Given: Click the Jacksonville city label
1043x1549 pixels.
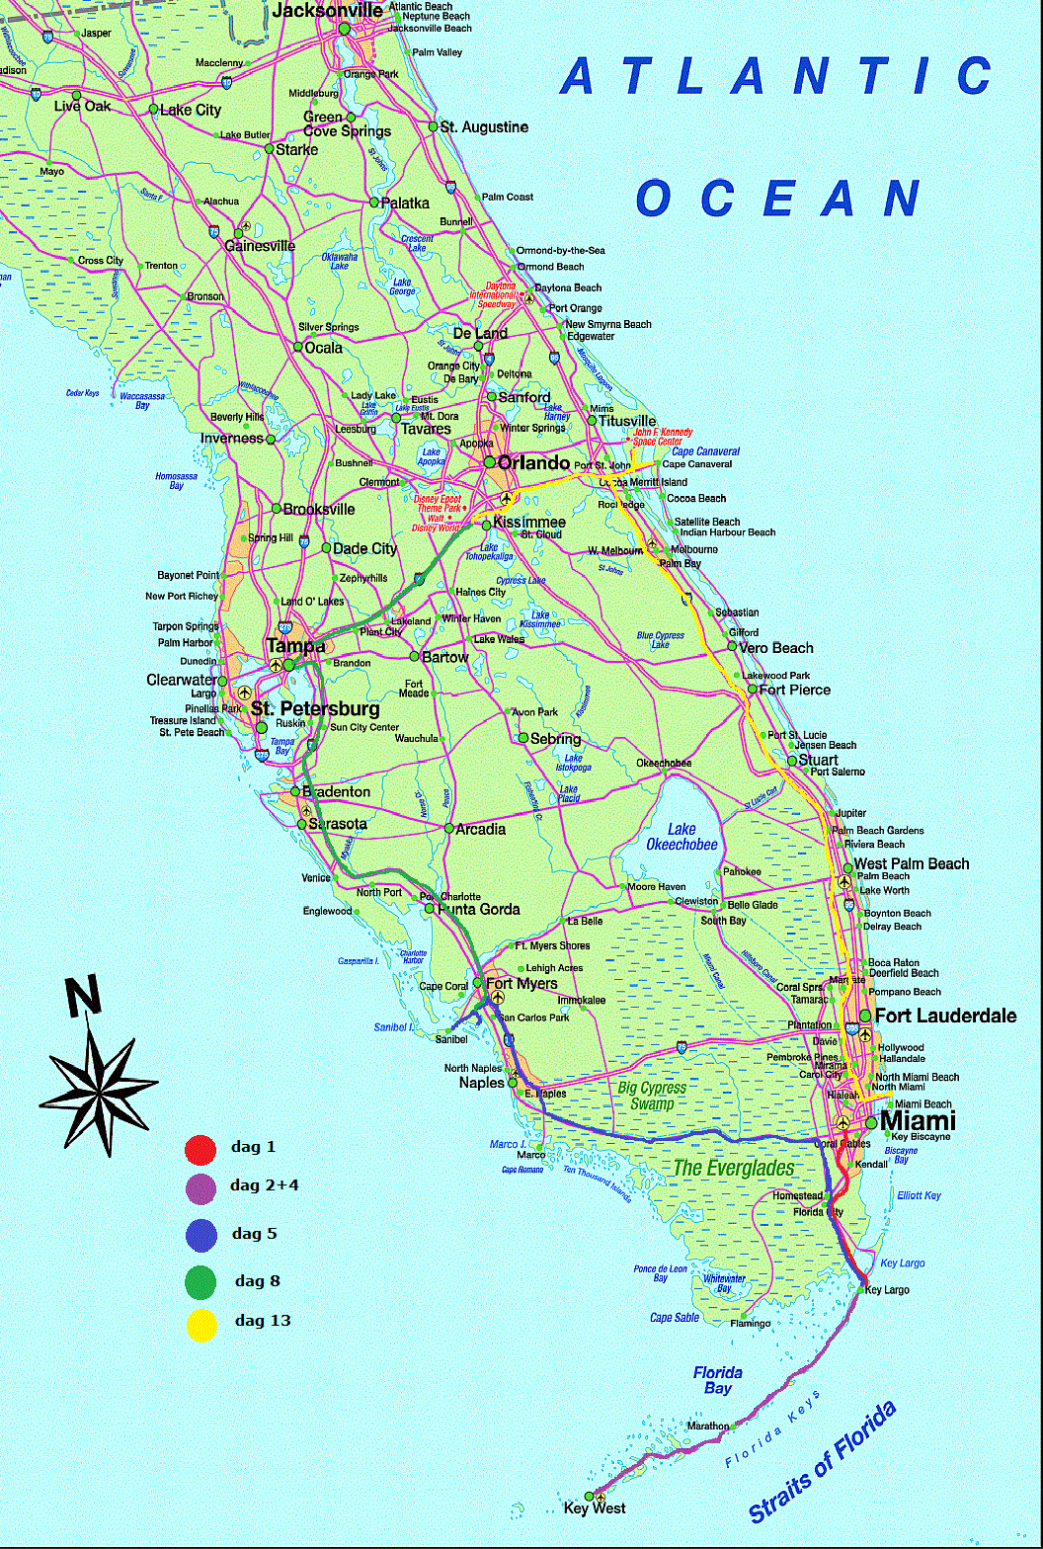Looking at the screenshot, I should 326,11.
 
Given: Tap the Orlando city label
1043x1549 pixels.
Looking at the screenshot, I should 533,463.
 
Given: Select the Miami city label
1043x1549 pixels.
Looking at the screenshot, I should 918,1121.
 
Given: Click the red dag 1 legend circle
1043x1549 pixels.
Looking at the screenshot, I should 201,1150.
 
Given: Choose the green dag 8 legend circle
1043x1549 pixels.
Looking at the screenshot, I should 201,1282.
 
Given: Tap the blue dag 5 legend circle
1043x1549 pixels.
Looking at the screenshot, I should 201,1235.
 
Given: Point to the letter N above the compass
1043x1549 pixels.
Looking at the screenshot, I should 84,997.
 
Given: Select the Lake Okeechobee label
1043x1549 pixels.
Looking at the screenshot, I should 682,837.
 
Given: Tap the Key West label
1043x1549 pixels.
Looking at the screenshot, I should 594,1508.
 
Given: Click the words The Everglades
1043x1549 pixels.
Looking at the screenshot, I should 733,1168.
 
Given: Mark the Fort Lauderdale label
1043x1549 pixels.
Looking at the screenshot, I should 945,1016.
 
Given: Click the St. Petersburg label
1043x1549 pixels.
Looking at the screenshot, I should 315,709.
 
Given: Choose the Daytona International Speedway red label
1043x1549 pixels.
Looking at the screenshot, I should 492,296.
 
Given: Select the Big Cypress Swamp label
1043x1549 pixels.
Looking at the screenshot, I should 652,1096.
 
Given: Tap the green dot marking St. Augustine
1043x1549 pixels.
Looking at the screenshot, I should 433,126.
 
